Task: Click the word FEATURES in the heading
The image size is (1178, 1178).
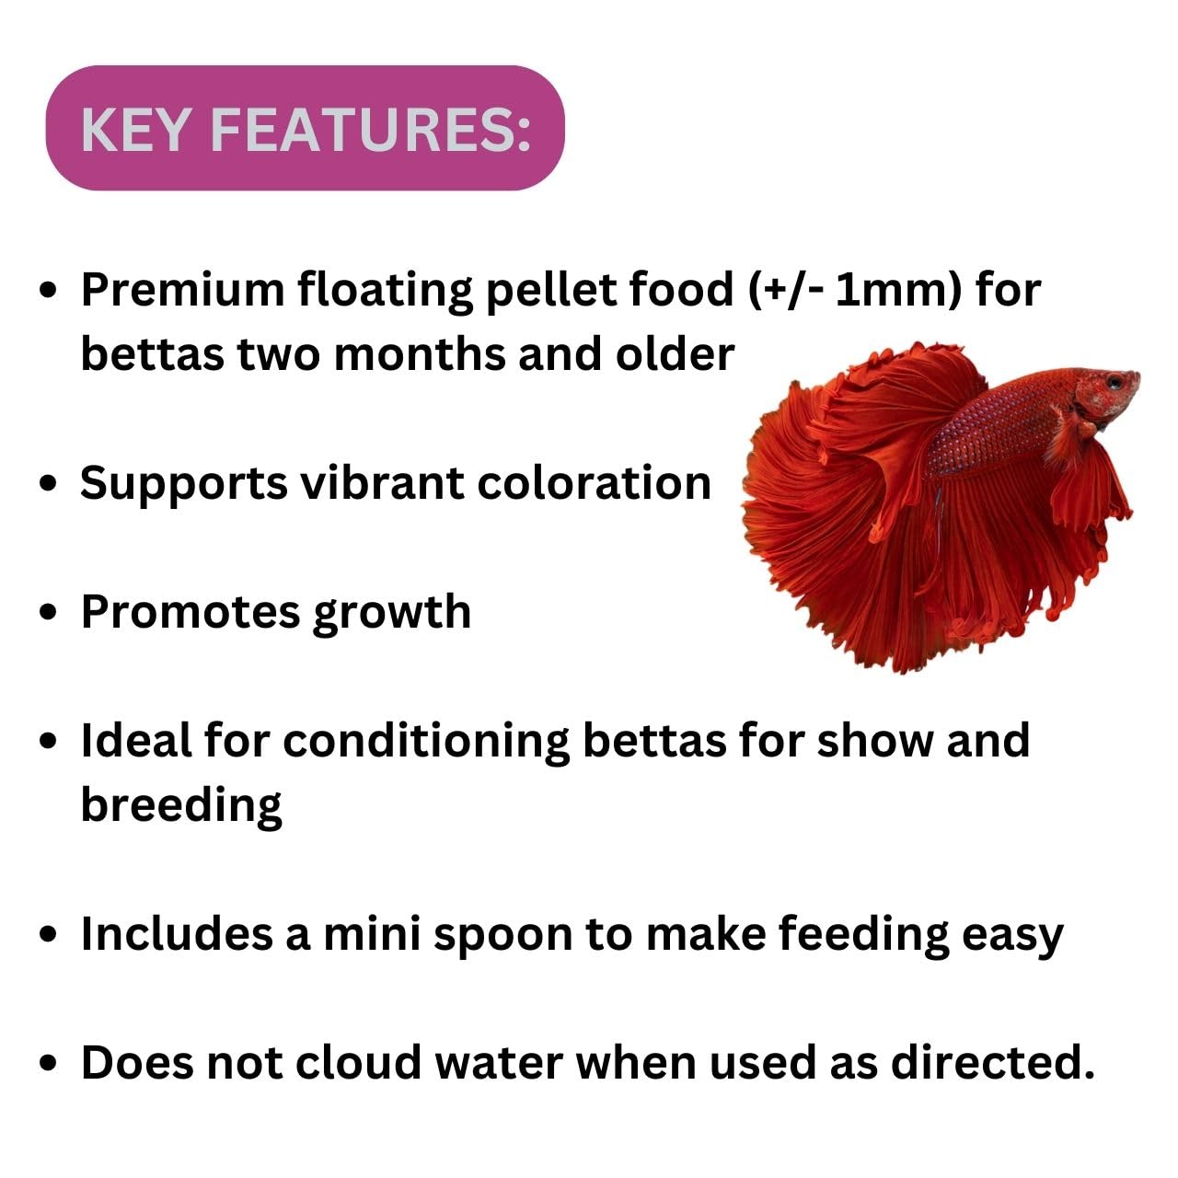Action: (x=370, y=129)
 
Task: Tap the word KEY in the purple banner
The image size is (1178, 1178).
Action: (x=135, y=129)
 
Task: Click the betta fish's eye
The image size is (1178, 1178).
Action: (x=1115, y=380)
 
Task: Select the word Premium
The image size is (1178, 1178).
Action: (x=181, y=290)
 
